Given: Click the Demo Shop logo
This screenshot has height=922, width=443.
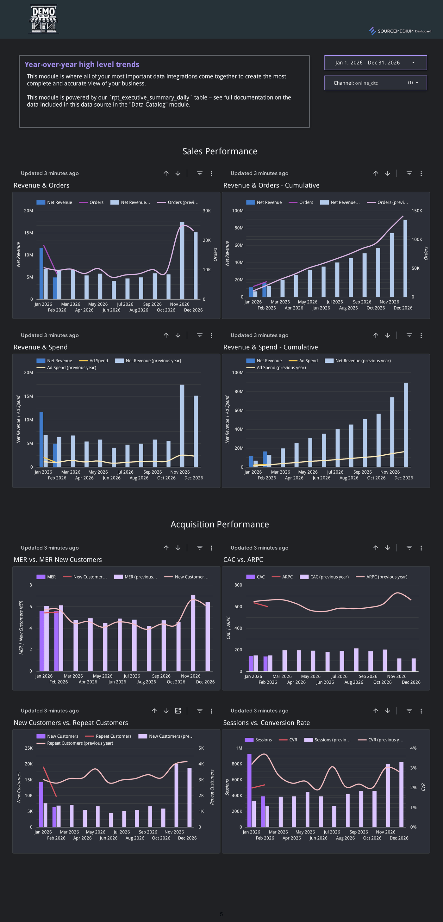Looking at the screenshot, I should [x=43, y=19].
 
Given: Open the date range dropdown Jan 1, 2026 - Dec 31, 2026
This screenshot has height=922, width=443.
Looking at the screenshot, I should [x=375, y=63].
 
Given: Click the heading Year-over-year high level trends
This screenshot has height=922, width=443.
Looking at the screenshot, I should [x=82, y=65].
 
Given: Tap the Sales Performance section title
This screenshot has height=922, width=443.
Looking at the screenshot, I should [x=220, y=151].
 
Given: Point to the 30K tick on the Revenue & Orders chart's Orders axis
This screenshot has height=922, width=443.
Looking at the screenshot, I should [x=207, y=211].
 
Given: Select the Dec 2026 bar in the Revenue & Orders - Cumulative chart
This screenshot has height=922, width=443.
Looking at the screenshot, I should [x=405, y=258].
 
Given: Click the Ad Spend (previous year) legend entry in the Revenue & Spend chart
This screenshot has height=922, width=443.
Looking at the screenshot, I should [x=71, y=368].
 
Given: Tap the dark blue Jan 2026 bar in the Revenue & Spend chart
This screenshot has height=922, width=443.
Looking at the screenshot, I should [x=41, y=439].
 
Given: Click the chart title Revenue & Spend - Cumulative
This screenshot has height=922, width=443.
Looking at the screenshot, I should [x=270, y=347].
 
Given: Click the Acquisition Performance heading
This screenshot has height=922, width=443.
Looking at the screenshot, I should [x=220, y=524].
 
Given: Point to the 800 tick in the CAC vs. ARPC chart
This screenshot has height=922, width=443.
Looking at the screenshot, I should [x=238, y=585].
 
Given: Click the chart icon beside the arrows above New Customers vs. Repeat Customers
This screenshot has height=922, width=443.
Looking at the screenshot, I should [x=178, y=711].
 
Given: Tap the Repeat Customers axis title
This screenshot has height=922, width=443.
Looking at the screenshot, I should [x=212, y=787].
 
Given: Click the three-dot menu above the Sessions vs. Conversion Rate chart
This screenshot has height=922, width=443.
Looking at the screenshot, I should [x=421, y=711].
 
